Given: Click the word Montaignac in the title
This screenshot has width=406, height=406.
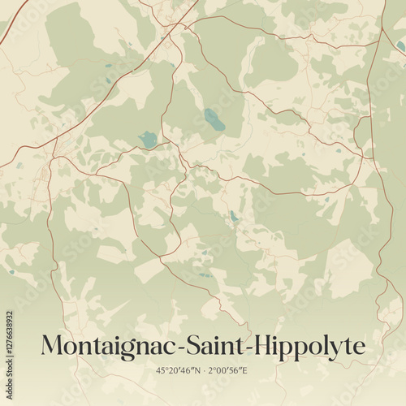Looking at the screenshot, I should pos(103,346).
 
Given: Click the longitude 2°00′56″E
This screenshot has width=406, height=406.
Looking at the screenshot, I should pos(228,371).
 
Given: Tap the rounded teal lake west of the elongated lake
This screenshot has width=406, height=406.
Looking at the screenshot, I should pos(148,139).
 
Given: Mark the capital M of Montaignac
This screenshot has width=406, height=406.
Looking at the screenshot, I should pos(54,346).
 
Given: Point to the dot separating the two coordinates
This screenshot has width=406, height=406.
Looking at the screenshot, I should pos(203,371).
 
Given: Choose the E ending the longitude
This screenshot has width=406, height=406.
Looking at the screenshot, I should pos(245,371).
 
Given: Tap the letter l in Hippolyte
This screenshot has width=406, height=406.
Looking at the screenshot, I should pos(326,345).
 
